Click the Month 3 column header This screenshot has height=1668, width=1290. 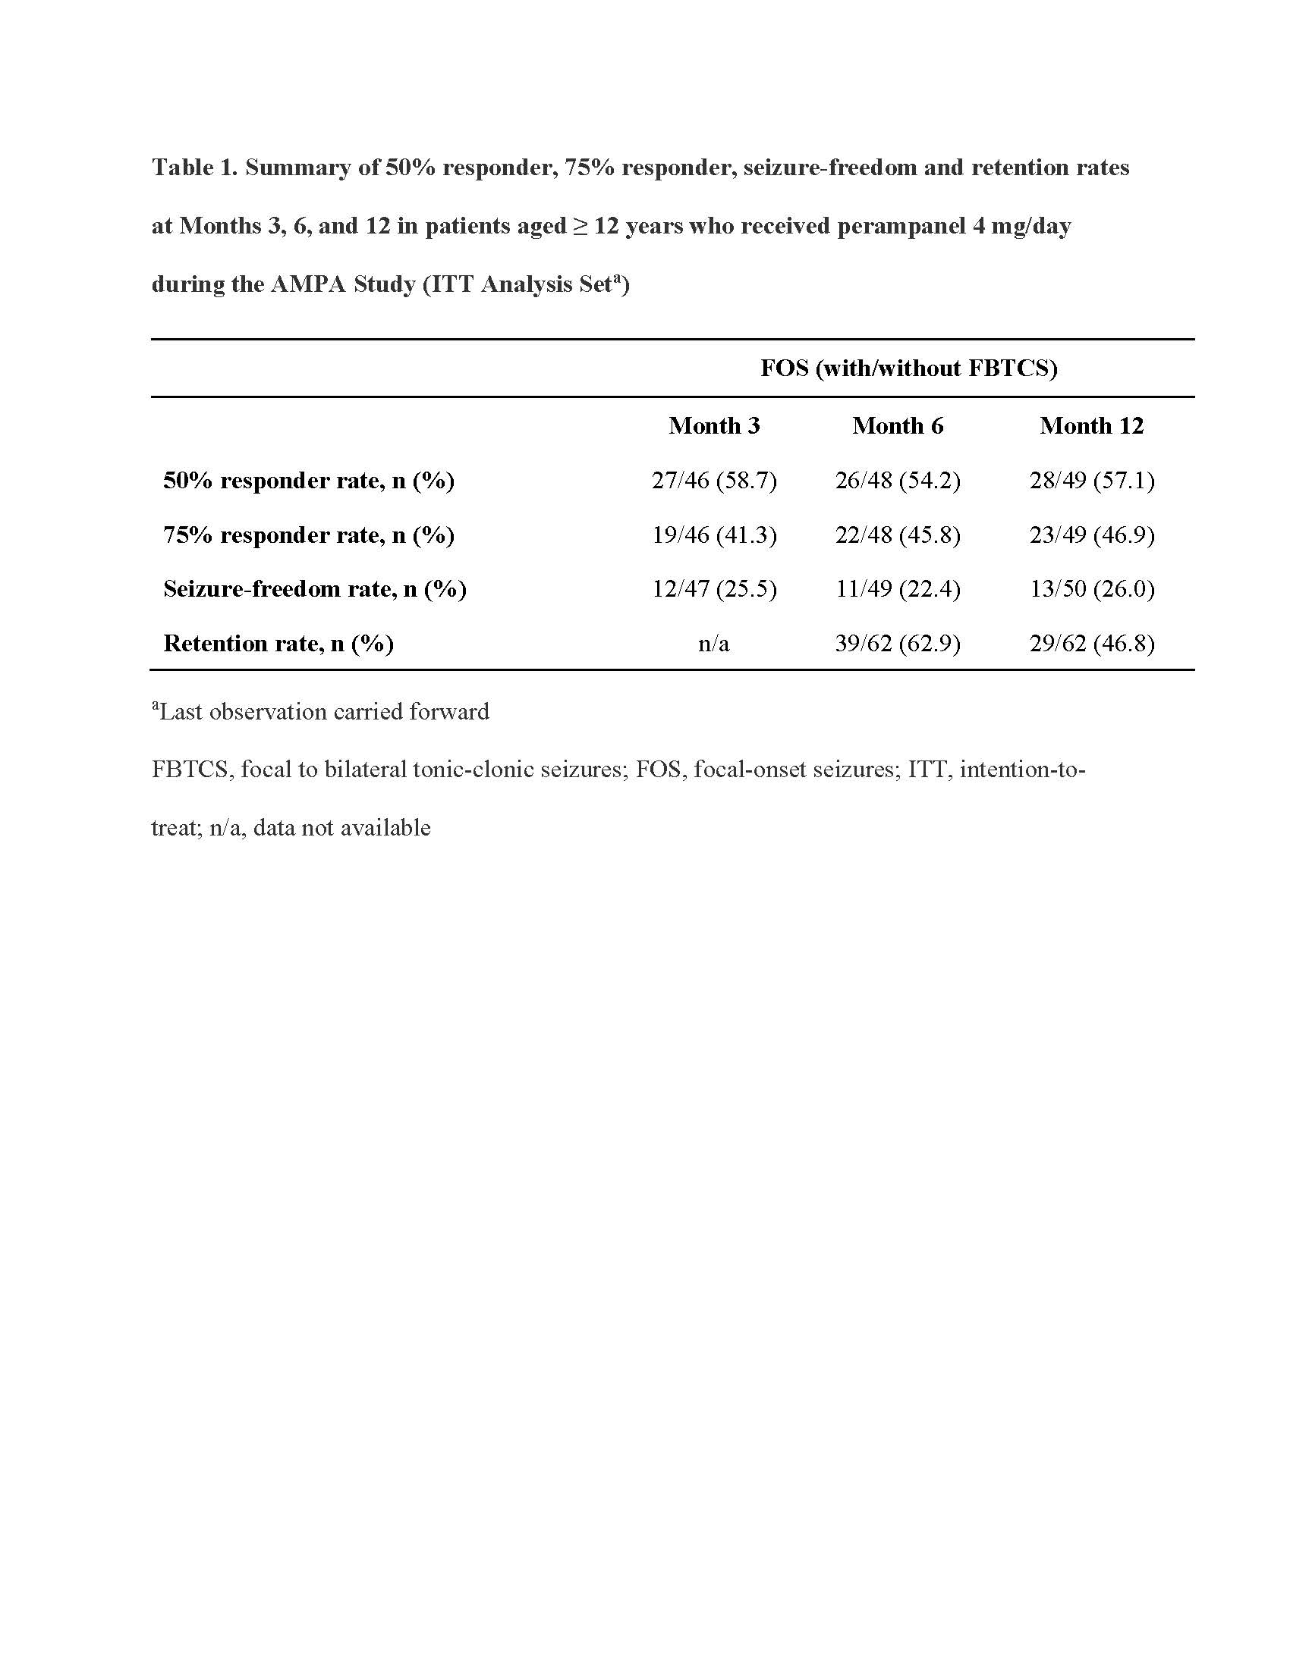tap(714, 425)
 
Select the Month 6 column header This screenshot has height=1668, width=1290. tap(897, 425)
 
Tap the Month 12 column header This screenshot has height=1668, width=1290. tap(1091, 425)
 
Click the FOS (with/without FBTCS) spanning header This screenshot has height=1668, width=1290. tap(908, 368)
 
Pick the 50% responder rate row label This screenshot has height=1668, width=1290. tap(309, 481)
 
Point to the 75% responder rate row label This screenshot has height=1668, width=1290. tap(309, 535)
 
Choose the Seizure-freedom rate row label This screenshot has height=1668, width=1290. tap(315, 589)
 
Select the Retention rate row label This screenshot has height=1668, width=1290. tap(278, 643)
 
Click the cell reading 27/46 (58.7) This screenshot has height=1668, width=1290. tap(714, 481)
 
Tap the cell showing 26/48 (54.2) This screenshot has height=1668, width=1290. tap(897, 481)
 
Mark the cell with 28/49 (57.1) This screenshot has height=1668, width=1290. tap(1091, 481)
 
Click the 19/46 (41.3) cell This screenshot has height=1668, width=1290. tap(714, 535)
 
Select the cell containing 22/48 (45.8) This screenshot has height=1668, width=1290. tap(897, 535)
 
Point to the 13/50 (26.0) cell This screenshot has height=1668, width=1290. tap(1091, 589)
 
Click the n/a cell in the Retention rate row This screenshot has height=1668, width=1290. tap(714, 644)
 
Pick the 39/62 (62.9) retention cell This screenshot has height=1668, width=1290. tap(897, 643)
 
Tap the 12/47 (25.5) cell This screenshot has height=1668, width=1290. tap(714, 589)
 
